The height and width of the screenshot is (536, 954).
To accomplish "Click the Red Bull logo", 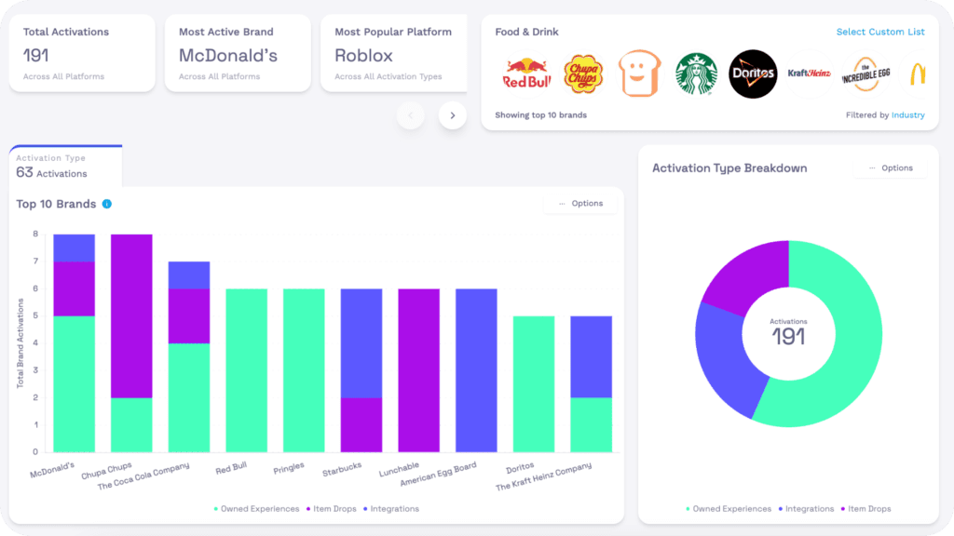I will [x=527, y=74].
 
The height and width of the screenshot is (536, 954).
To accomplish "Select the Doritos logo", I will [x=753, y=74].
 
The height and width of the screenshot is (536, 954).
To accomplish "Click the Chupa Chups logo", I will [x=581, y=74].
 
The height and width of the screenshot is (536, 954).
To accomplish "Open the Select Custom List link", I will [x=880, y=32].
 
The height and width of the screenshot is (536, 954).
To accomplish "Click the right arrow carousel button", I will [x=453, y=115].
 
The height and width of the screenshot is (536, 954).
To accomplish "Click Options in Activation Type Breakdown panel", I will [x=891, y=168].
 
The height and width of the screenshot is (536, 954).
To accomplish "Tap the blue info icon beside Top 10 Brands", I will [x=107, y=204].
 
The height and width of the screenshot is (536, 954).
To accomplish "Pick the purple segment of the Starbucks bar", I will [x=361, y=424].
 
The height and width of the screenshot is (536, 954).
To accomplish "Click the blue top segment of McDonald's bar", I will [x=75, y=248].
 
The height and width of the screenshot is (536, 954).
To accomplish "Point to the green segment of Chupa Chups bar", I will [x=131, y=424].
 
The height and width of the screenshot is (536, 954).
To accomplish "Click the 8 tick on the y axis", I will [x=36, y=234].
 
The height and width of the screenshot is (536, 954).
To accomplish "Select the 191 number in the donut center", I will [x=788, y=337].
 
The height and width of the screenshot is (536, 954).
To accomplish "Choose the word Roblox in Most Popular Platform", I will [x=364, y=56].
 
